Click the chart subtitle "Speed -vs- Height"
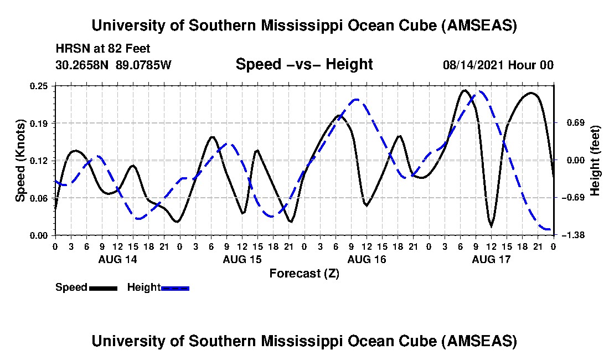pyautogui.click(x=304, y=65)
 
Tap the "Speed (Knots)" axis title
pyautogui.click(x=20, y=161)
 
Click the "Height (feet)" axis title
pyautogui.click(x=595, y=161)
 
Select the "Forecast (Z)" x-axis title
pyautogui.click(x=304, y=273)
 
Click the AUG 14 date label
pyautogui.click(x=117, y=259)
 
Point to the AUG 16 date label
pyautogui.click(x=367, y=259)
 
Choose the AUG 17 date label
pyautogui.click(x=491, y=259)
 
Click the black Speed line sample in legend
pyautogui.click(x=102, y=288)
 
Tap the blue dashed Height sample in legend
pyautogui.click(x=175, y=288)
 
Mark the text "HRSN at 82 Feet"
pyautogui.click(x=95, y=49)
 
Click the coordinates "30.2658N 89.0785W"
pyautogui.click(x=113, y=65)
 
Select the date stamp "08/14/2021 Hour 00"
pyautogui.click(x=498, y=65)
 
